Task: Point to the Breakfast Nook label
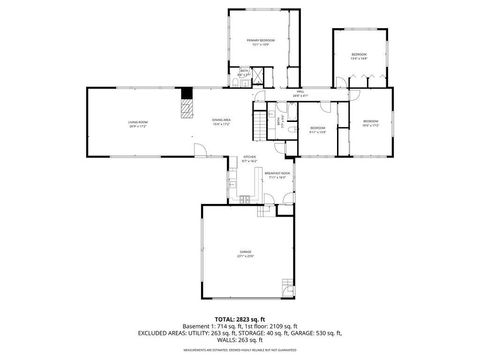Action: click(x=277, y=174)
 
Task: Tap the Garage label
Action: click(x=245, y=253)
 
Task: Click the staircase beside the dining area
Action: click(x=263, y=122)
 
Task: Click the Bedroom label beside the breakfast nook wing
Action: click(x=317, y=130)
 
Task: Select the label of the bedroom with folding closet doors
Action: click(x=371, y=124)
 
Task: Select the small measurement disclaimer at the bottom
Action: click(x=240, y=352)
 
